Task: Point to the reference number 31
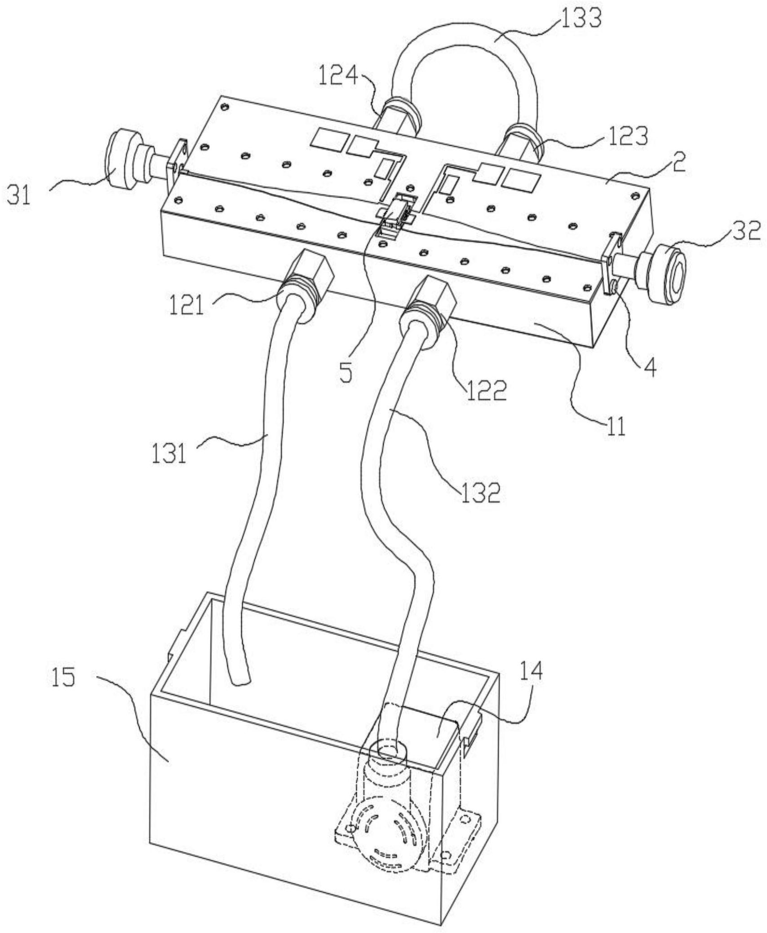pyautogui.click(x=19, y=195)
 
